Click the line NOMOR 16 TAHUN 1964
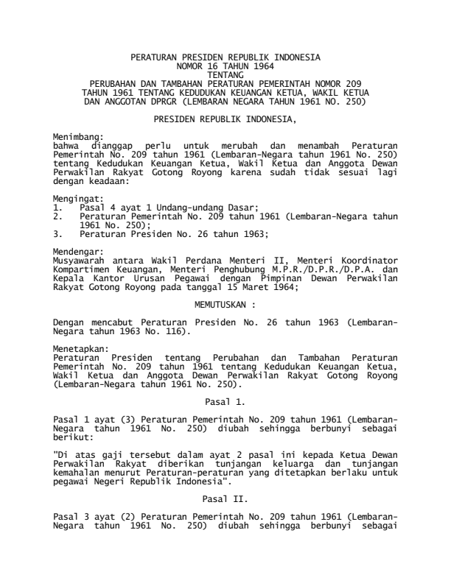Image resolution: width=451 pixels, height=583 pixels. pos(225,66)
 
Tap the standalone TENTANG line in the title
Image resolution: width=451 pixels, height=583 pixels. pos(225,74)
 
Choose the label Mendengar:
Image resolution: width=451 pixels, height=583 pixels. pos(78,251)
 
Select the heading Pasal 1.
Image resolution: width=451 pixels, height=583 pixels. pos(225,402)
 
